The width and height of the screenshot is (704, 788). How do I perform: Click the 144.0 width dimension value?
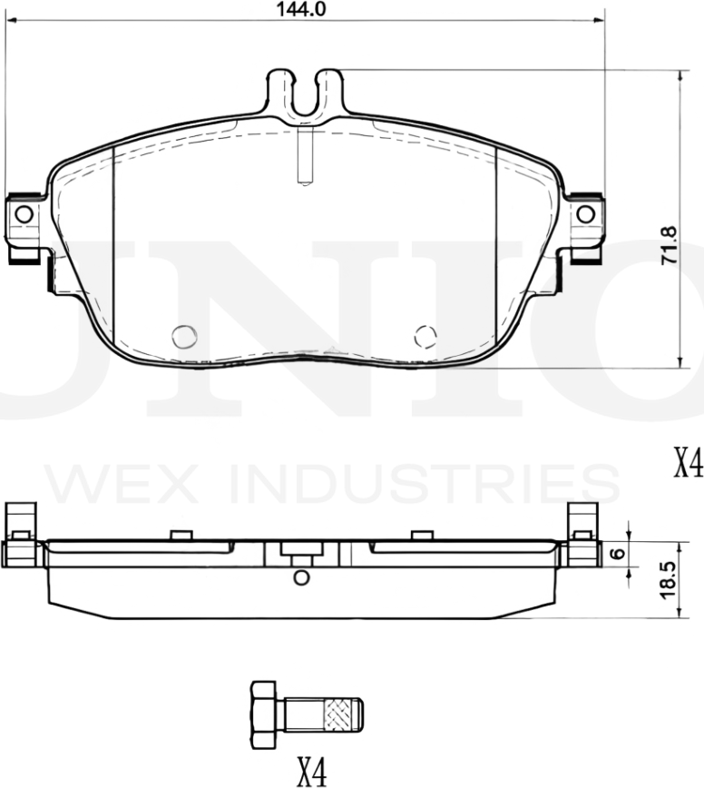tap(300, 9)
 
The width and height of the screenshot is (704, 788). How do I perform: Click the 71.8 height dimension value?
tap(670, 245)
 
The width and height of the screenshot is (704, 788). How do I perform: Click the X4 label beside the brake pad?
tap(688, 465)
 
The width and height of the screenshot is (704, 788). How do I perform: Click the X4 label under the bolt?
tap(310, 772)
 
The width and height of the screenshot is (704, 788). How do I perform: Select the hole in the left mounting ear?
tap(24, 214)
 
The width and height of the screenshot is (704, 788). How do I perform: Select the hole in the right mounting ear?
tap(586, 214)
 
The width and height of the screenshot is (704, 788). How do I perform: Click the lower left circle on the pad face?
tap(183, 336)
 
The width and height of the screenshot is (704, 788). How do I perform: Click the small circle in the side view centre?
tap(302, 577)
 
